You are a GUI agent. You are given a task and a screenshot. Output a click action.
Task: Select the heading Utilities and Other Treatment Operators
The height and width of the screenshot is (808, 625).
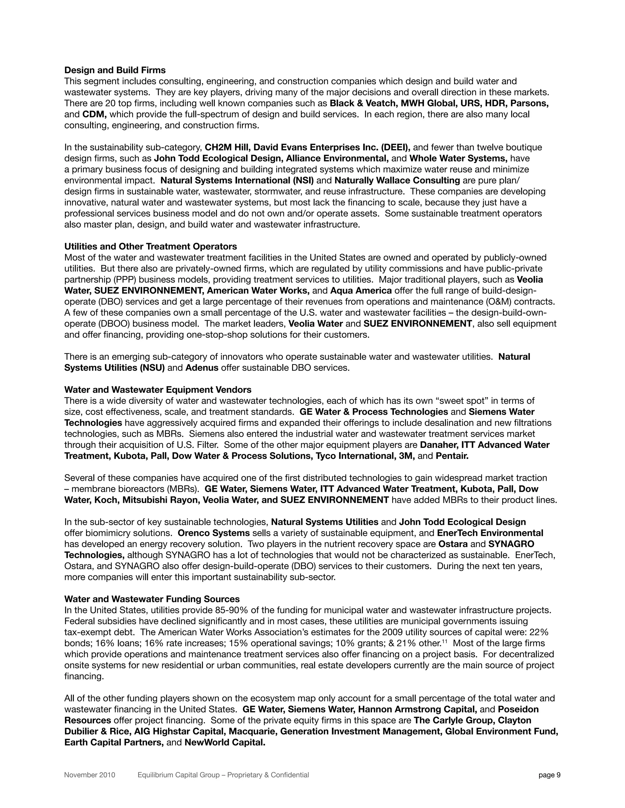point(150,246)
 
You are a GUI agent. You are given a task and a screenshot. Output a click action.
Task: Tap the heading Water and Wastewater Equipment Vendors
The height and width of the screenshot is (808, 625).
point(158,390)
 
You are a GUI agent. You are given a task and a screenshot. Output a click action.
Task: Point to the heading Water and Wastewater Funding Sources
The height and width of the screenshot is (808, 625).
point(152,599)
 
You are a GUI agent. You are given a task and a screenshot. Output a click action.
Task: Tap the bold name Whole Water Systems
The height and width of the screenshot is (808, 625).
point(458,158)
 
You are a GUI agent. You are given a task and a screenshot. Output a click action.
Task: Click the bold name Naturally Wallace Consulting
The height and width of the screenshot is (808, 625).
point(397,181)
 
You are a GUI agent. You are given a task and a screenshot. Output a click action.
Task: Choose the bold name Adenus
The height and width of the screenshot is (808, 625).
point(202,368)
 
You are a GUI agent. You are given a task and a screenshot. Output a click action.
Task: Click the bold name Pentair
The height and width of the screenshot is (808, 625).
point(452,456)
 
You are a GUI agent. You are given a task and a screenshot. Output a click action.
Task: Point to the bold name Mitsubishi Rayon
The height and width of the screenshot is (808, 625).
point(161,500)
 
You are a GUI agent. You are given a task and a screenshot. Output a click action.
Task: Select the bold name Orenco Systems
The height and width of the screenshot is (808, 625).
point(214,533)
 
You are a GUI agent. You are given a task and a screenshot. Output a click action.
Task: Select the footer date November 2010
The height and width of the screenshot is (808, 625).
point(90,775)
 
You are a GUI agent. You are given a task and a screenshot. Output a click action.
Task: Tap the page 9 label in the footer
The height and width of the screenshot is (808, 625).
point(549,775)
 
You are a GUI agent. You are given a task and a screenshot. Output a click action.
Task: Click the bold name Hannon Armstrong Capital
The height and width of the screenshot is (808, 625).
point(417,709)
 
